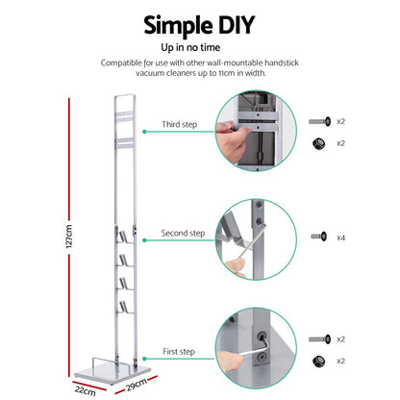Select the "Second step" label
(183, 233)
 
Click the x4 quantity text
(341, 236)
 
